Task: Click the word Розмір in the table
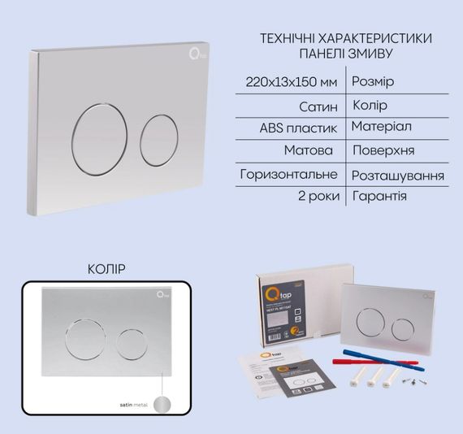click(375, 81)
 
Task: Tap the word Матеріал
click(381, 128)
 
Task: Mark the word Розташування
click(398, 176)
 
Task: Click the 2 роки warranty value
click(317, 197)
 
